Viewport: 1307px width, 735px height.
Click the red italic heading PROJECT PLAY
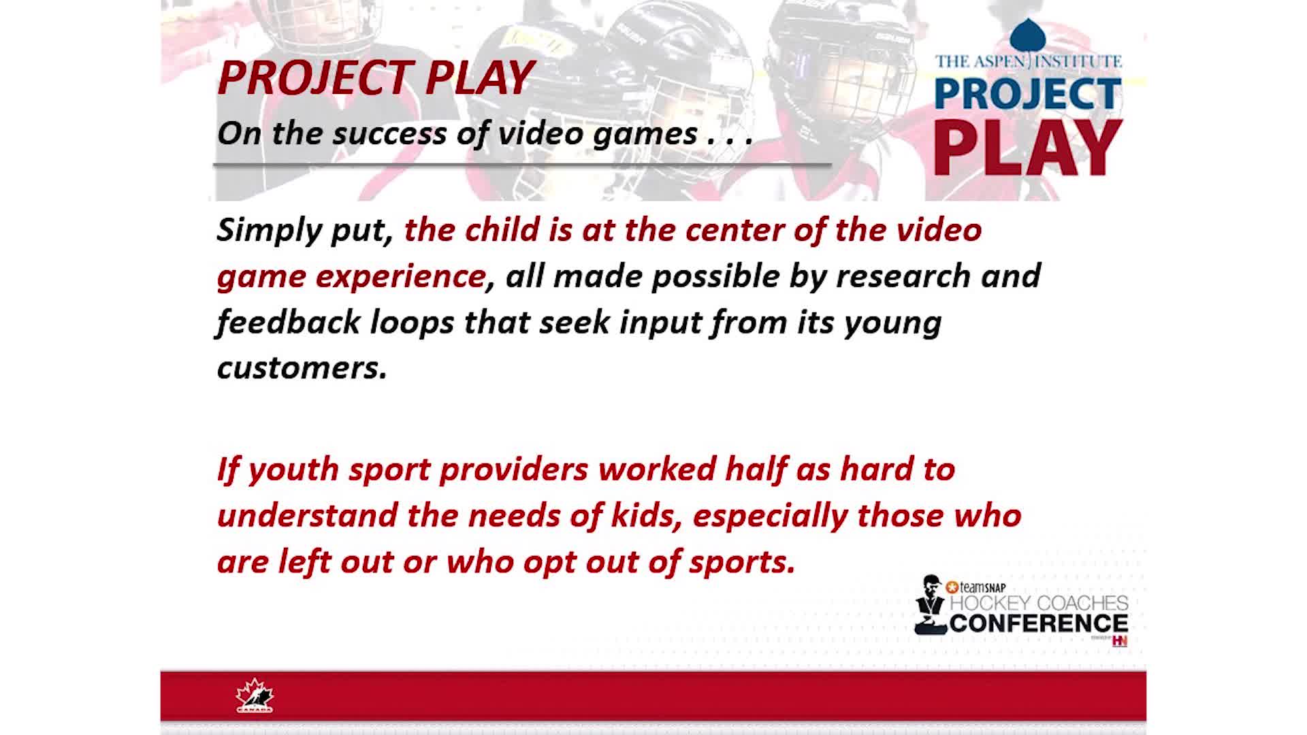point(376,78)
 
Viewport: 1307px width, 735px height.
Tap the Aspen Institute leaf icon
point(1028,36)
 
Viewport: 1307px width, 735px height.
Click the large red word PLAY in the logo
point(1028,148)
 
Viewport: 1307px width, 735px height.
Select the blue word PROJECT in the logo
point(1028,93)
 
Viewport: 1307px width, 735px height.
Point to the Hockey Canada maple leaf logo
point(255,696)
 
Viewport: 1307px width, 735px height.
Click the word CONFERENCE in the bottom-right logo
point(1039,623)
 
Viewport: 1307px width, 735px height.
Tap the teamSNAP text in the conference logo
point(975,587)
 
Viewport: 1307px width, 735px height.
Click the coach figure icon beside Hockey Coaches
point(931,605)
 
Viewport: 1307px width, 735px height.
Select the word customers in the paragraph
point(302,368)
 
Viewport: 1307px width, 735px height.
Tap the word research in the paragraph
point(903,276)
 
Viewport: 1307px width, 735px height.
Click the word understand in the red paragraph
point(308,515)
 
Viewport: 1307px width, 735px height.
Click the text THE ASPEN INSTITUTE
point(1028,61)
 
